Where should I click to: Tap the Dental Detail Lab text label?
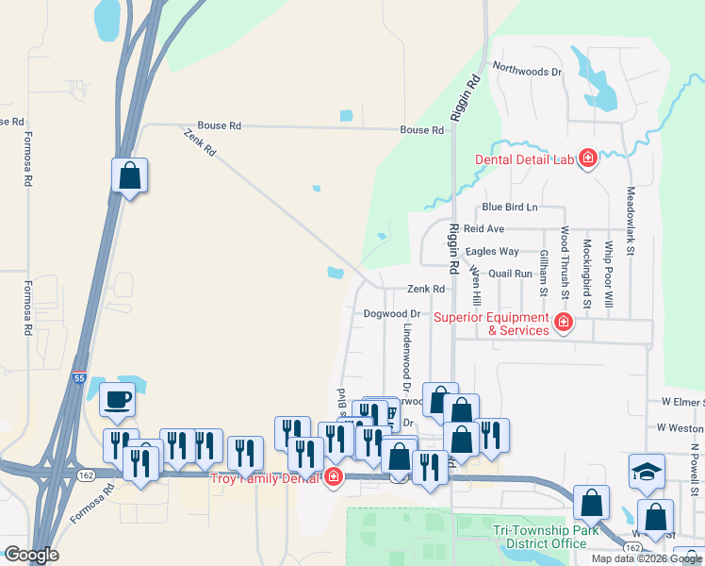pyautogui.click(x=524, y=159)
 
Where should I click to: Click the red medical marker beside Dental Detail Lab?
pyautogui.click(x=588, y=158)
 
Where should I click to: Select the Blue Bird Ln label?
pyautogui.click(x=509, y=208)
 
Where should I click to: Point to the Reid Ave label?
pyautogui.click(x=484, y=229)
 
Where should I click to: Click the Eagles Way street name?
pyautogui.click(x=492, y=252)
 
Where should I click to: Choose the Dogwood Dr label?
pyautogui.click(x=390, y=313)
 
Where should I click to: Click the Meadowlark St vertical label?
pyautogui.click(x=631, y=221)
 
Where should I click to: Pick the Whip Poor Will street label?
pyautogui.click(x=609, y=275)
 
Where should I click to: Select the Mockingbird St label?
pyautogui.click(x=586, y=274)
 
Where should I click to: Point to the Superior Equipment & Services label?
pyautogui.click(x=491, y=324)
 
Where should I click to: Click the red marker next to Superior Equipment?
pyautogui.click(x=564, y=324)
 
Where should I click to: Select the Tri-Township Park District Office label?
pyautogui.click(x=547, y=537)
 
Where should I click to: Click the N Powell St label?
pyautogui.click(x=696, y=471)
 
